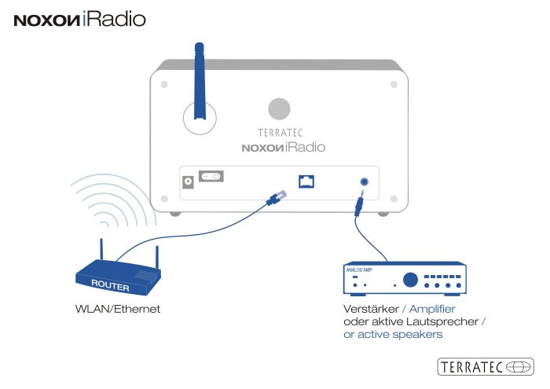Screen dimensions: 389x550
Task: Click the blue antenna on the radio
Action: [x=200, y=79]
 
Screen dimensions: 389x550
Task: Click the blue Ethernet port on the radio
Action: [x=306, y=181]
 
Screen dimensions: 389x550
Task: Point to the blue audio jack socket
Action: [x=363, y=181]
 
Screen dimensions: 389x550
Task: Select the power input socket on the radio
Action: [x=189, y=182]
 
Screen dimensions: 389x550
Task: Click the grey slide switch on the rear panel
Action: [x=211, y=177]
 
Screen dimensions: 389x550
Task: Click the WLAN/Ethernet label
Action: [x=112, y=310]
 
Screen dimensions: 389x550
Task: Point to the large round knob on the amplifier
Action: [x=410, y=280]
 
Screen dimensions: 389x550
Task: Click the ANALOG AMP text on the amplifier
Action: [x=360, y=270]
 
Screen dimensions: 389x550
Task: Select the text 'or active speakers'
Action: [x=393, y=335]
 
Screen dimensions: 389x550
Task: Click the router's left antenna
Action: [x=101, y=253]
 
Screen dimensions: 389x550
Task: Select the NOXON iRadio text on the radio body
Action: [x=283, y=147]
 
